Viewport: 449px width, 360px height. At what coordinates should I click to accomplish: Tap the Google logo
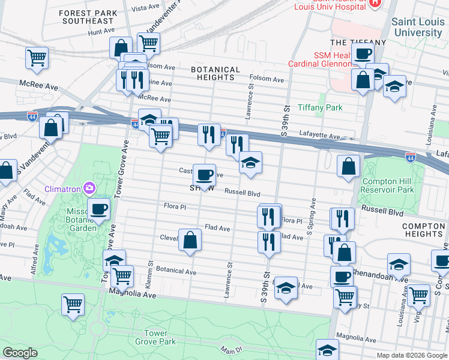[x=19, y=353]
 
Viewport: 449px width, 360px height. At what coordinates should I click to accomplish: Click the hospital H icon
[x=375, y=2]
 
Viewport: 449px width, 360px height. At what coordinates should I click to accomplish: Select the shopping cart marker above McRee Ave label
[x=37, y=58]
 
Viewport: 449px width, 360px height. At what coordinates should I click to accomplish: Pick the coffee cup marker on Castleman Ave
[x=204, y=175]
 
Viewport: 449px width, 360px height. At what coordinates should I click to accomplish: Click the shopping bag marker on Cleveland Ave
[x=190, y=240]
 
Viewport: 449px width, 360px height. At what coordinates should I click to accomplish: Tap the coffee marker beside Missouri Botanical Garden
[x=99, y=209]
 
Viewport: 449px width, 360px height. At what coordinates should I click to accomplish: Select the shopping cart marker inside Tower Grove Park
[x=73, y=304]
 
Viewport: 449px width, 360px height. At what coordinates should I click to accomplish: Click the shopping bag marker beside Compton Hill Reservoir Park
[x=349, y=166]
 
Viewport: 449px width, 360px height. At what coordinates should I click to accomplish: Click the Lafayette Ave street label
[x=321, y=136]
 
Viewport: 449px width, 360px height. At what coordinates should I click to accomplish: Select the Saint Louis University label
[x=417, y=27]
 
